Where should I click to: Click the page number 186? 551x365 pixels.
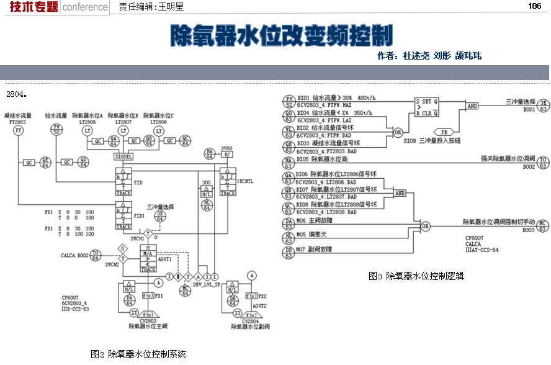click(534, 6)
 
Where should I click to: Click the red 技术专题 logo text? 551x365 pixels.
click(29, 7)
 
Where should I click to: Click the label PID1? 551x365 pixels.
click(140, 215)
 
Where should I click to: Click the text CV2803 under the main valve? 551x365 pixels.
click(145, 320)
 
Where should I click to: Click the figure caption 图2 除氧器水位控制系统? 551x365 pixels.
click(138, 354)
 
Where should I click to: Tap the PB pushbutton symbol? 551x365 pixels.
click(444, 132)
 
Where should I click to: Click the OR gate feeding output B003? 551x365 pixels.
click(425, 227)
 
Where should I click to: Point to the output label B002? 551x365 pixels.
click(529, 166)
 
